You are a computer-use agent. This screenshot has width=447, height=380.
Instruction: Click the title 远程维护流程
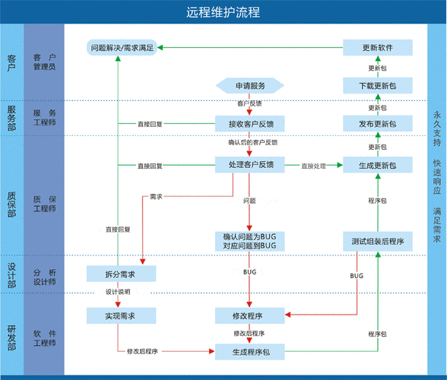(x=223, y=12)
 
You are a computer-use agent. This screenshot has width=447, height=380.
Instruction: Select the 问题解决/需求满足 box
(x=122, y=48)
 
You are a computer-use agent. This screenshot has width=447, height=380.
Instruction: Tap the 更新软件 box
(x=377, y=48)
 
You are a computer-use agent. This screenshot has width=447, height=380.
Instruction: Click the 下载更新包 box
(x=377, y=84)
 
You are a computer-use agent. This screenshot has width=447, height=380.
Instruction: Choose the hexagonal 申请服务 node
(x=249, y=84)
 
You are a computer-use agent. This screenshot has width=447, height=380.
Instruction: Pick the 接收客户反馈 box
(x=250, y=123)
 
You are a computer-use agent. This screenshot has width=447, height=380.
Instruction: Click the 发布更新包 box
(x=377, y=123)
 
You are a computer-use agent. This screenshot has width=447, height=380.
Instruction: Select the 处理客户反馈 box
(x=250, y=164)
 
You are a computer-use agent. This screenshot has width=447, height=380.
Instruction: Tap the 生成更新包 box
(x=377, y=165)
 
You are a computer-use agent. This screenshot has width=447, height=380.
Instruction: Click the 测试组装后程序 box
(x=377, y=241)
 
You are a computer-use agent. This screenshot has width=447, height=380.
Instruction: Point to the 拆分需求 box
(x=122, y=274)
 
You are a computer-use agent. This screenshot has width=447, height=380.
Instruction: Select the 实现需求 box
(x=122, y=315)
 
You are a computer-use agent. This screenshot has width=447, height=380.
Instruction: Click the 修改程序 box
(x=250, y=315)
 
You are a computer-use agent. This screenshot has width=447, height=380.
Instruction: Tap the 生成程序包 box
(x=250, y=350)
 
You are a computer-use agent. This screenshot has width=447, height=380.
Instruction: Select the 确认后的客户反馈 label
(x=252, y=142)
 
